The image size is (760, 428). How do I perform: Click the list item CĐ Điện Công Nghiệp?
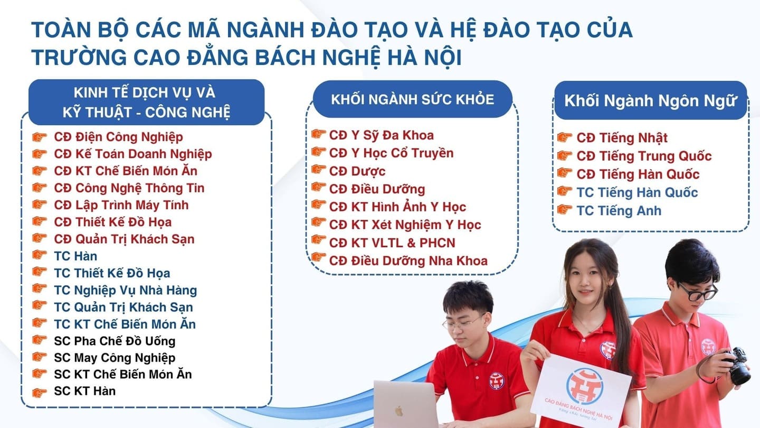point(118,137)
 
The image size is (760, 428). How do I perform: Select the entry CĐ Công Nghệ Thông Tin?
point(129,188)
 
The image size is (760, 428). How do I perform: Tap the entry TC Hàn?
point(75,256)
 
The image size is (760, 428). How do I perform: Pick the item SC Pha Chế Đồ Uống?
point(115,341)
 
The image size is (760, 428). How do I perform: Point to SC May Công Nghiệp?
point(115,358)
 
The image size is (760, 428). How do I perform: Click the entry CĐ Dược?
point(357,171)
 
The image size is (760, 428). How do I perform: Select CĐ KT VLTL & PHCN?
point(392,243)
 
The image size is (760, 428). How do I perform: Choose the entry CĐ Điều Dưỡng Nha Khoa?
point(408,260)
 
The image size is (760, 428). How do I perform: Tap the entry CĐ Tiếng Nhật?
point(622,138)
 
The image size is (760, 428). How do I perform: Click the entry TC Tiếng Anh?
point(619,210)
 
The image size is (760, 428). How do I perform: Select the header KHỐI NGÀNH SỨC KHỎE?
point(412,99)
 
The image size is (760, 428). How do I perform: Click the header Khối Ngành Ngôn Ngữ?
point(650,101)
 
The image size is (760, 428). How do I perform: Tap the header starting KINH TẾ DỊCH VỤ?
point(146,102)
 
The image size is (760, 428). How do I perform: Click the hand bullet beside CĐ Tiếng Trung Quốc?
point(564,156)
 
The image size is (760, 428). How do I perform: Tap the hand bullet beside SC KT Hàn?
point(40,392)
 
